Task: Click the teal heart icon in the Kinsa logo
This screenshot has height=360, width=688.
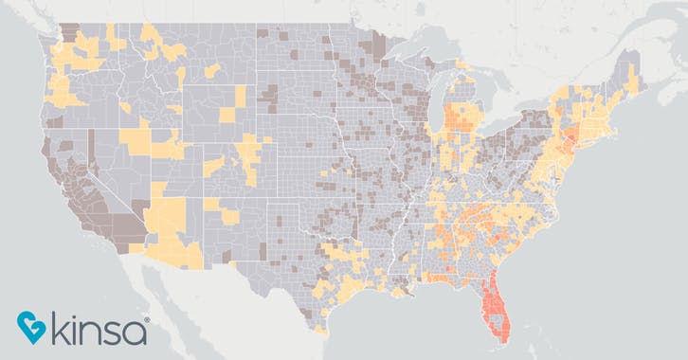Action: pos(30,327)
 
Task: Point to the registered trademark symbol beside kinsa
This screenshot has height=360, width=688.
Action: pos(147,320)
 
